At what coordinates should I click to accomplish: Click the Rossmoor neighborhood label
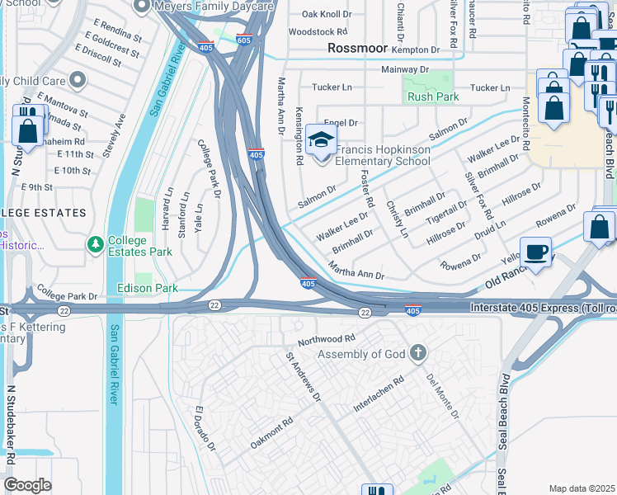[x=357, y=48]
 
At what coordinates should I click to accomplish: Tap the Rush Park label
[x=432, y=97]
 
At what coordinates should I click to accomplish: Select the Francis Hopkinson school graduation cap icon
[x=322, y=139]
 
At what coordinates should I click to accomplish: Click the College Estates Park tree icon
[x=97, y=245]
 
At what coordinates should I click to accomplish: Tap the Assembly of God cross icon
[x=418, y=354]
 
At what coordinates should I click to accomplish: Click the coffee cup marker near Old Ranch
[x=536, y=252]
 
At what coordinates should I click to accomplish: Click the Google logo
[x=27, y=484]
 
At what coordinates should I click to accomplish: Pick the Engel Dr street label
[x=340, y=122]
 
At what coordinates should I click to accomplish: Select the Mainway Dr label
[x=402, y=69]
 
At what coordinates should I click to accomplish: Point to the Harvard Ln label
[x=169, y=206]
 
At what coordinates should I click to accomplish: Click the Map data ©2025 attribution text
[x=582, y=488]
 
